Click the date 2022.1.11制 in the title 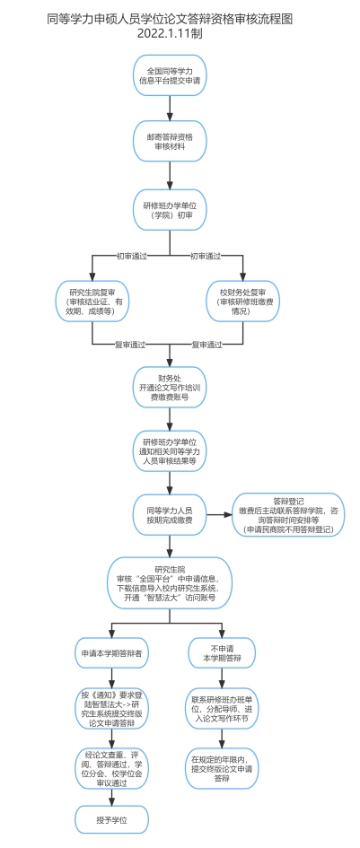click(x=170, y=33)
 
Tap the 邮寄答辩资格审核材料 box click(x=170, y=140)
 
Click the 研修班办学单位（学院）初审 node click(x=170, y=211)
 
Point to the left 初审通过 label click(x=131, y=256)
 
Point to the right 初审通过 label click(x=206, y=256)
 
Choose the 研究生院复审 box click(x=92, y=301)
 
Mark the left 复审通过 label click(x=131, y=345)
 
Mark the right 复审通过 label click(x=206, y=345)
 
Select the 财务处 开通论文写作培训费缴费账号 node click(x=170, y=387)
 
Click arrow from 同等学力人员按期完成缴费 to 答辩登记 click(x=219, y=515)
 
